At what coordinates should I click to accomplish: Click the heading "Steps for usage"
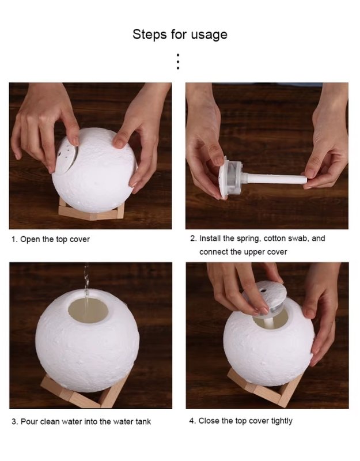(x=180, y=34)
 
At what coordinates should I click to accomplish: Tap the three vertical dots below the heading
(x=178, y=62)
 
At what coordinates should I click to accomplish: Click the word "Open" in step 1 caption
(x=30, y=239)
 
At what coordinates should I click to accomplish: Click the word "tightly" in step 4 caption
(x=279, y=421)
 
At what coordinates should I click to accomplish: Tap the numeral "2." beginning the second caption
(x=194, y=238)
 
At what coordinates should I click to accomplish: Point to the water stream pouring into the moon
(x=86, y=282)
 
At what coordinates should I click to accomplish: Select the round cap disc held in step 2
(x=226, y=177)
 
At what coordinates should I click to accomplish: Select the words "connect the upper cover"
(x=243, y=252)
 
